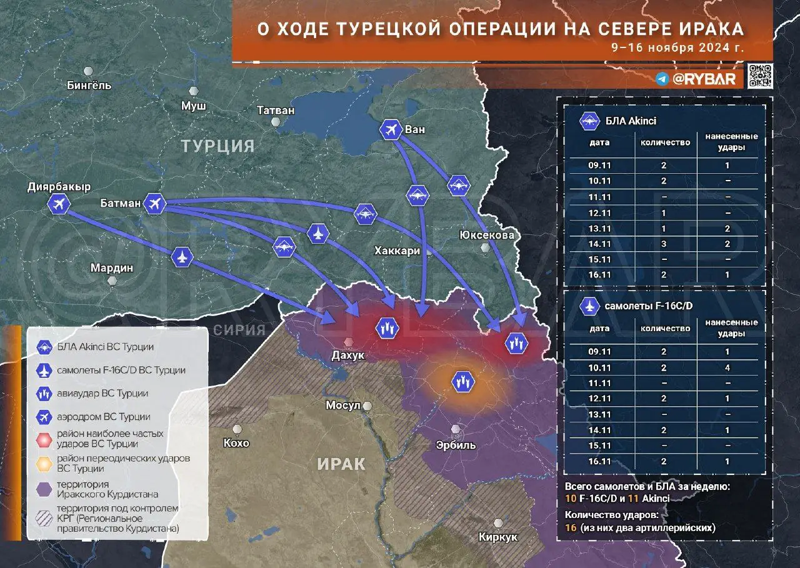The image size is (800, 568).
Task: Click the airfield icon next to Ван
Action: click(x=391, y=130)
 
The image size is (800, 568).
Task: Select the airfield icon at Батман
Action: click(x=154, y=203)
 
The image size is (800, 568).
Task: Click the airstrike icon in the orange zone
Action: click(x=464, y=381)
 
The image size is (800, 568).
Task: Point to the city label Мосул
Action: click(x=343, y=406)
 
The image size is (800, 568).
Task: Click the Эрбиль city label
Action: click(x=456, y=445)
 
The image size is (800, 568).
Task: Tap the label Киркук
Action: click(x=498, y=537)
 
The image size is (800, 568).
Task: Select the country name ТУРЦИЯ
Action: click(x=218, y=146)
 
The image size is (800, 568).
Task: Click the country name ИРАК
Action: click(x=341, y=464)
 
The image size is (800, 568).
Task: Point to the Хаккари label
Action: click(x=397, y=251)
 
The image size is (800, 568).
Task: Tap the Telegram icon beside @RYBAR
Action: click(x=662, y=79)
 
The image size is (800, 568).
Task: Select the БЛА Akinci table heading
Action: click(x=631, y=121)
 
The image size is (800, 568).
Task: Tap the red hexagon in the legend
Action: click(x=44, y=439)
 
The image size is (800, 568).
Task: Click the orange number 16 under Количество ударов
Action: click(x=571, y=527)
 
